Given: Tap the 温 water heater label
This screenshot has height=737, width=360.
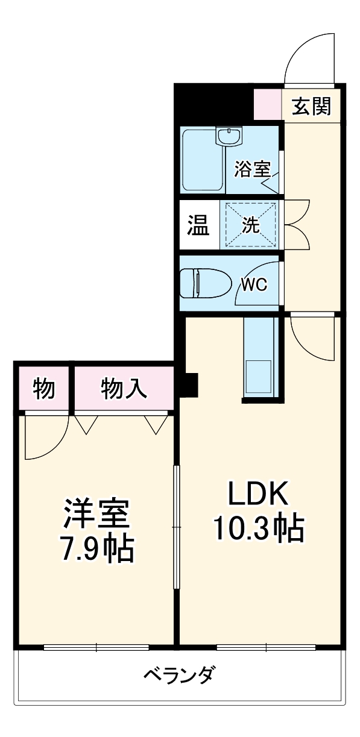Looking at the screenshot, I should point(198,226).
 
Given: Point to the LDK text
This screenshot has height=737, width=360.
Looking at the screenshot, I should point(258,495).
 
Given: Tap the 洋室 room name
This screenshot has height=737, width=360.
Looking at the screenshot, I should point(96,514).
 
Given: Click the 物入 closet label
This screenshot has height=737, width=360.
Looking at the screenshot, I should point(124,389).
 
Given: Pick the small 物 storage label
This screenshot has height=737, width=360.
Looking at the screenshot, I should point(44,389).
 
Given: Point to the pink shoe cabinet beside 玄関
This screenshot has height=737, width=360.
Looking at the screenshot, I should point(267,106).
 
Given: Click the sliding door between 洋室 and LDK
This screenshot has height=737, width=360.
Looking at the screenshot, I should point(176,527).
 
